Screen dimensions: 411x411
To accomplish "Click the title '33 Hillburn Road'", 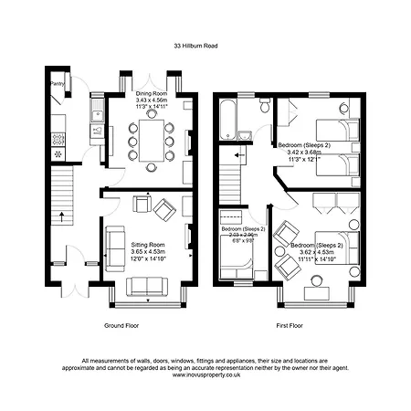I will point(205,44).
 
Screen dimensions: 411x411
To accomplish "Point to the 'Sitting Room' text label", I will point(148,246).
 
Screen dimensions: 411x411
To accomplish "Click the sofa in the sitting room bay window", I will point(148,287).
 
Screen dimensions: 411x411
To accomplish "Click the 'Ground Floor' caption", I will point(121,324).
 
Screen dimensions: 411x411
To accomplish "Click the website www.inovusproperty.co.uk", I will point(205,373).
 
